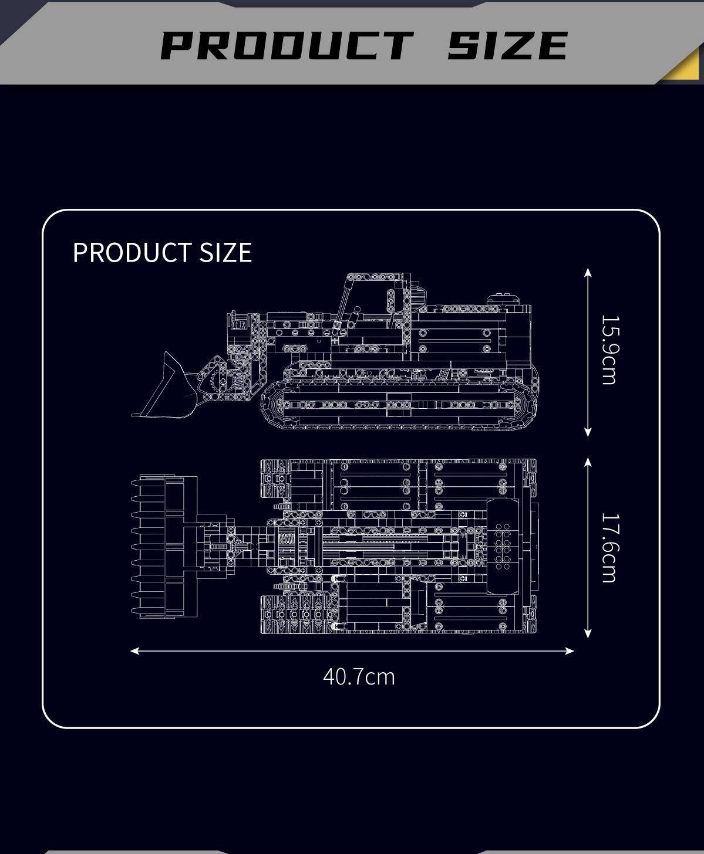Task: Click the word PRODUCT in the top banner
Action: (287, 45)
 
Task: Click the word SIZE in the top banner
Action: (508, 45)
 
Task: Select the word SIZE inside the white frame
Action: (225, 252)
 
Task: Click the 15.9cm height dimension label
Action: (610, 350)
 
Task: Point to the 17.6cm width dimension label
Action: (610, 548)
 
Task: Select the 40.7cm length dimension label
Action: (359, 677)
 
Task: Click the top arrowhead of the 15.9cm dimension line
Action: (588, 272)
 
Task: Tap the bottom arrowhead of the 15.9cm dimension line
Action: (588, 432)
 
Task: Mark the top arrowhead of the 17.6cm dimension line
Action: (588, 462)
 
